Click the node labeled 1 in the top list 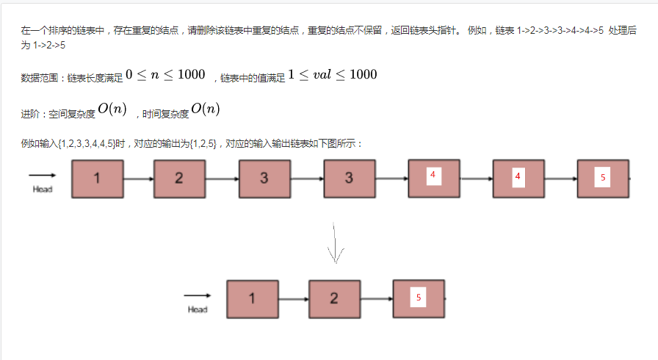(x=97, y=179)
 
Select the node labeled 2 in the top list (x=179, y=179)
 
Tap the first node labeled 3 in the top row (x=264, y=179)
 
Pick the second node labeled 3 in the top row (x=349, y=179)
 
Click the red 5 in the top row (x=603, y=178)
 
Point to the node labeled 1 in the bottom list (x=253, y=298)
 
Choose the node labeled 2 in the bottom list (x=334, y=298)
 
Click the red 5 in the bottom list (x=419, y=298)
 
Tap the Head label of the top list (x=43, y=190)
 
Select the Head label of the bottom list (x=198, y=309)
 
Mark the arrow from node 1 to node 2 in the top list (x=138, y=179)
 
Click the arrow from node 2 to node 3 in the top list (x=222, y=179)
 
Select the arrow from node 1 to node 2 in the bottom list (x=293, y=299)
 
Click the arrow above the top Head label (x=43, y=176)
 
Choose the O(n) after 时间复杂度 (x=206, y=109)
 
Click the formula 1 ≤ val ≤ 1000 (x=333, y=74)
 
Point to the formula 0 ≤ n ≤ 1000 (x=165, y=74)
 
